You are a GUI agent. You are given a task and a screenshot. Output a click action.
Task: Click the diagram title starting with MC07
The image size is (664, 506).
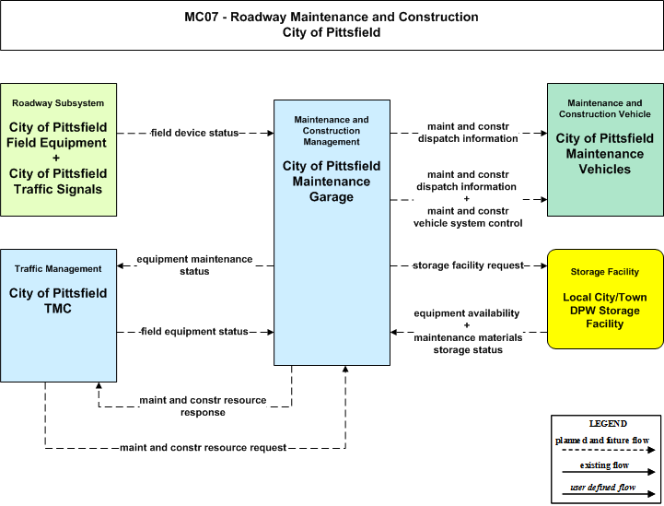(x=332, y=25)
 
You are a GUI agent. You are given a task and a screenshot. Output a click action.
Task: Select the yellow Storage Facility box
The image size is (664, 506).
(x=605, y=300)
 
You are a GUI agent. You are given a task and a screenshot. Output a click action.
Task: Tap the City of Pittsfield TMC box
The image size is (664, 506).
(x=58, y=316)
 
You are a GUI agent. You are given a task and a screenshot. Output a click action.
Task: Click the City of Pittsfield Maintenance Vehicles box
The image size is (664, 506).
(x=605, y=149)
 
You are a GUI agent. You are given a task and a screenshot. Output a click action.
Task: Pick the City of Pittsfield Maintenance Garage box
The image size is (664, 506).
(x=332, y=232)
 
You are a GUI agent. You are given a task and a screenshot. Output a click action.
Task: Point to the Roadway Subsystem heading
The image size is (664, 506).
(x=58, y=103)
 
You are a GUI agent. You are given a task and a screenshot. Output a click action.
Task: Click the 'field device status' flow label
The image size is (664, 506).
(x=195, y=133)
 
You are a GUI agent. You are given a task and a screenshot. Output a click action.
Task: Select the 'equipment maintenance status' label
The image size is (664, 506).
(x=194, y=265)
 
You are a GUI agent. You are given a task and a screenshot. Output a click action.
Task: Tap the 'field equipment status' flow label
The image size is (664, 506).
(x=194, y=332)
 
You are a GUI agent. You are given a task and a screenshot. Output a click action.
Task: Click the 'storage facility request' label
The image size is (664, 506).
(x=469, y=265)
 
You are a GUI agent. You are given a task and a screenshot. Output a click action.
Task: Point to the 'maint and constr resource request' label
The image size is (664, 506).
(x=204, y=448)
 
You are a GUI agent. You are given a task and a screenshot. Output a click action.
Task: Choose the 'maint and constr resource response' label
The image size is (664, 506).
(x=203, y=406)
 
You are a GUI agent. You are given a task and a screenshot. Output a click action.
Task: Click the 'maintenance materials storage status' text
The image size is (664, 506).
(x=468, y=344)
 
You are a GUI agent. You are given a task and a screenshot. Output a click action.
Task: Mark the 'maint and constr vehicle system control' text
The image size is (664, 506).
(x=468, y=217)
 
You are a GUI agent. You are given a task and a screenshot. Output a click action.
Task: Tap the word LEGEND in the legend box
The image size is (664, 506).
(x=608, y=424)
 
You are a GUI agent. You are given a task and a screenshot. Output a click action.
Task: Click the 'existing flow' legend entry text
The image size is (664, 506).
(x=604, y=465)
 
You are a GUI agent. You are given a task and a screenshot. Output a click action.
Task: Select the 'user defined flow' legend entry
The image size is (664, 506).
(x=602, y=488)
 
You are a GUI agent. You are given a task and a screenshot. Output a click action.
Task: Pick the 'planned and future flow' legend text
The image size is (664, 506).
(x=602, y=441)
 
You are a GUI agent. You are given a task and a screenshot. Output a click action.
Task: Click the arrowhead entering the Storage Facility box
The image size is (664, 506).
(x=543, y=265)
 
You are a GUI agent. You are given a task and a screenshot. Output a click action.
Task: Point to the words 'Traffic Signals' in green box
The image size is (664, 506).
(x=58, y=189)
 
